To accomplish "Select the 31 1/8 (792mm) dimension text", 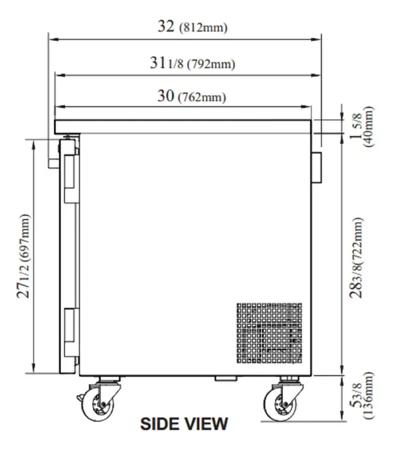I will pos(192,64).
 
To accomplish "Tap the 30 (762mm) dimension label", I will pos(192,97).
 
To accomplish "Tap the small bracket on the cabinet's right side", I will pos(317,167).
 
